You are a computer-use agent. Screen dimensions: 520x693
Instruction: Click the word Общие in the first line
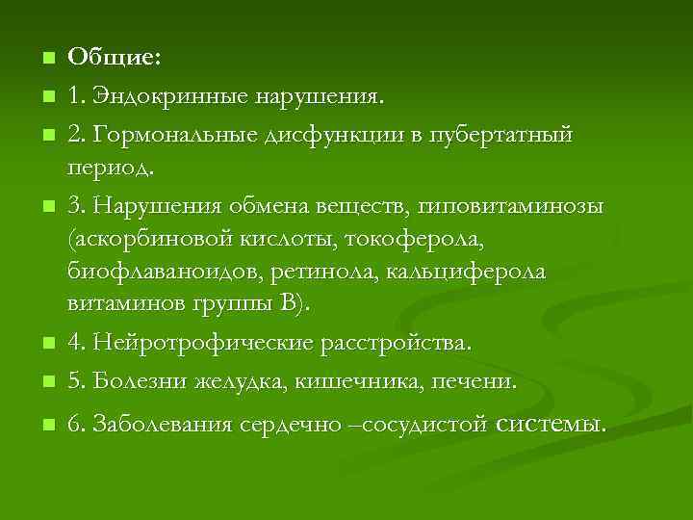[112, 57]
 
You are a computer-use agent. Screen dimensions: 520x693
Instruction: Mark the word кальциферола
[466, 272]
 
